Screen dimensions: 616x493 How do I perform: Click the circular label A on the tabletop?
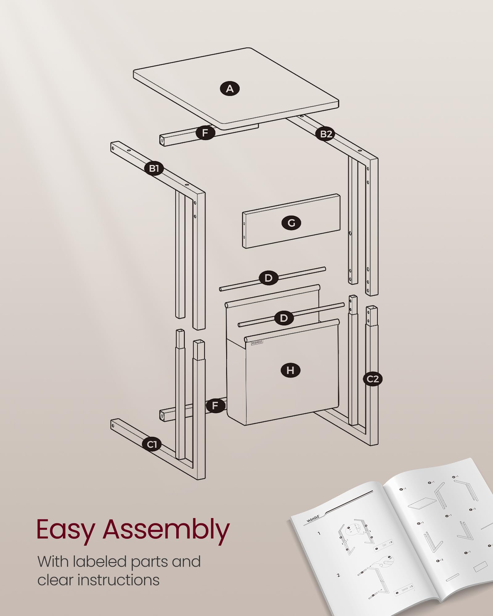pos(230,89)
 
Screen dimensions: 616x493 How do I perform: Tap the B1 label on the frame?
pos(154,168)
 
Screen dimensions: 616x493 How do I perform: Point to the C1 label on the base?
pos(152,444)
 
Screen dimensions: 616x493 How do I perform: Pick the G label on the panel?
pos(291,223)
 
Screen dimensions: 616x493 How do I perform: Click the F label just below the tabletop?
pos(205,133)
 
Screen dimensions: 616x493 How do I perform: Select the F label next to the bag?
pos(215,405)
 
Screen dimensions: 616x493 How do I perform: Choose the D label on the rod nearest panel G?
pos(268,278)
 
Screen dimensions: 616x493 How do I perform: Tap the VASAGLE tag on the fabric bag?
pos(257,342)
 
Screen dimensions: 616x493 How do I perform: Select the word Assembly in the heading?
pos(166,530)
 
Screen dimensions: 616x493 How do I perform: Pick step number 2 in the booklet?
pos(338,575)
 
